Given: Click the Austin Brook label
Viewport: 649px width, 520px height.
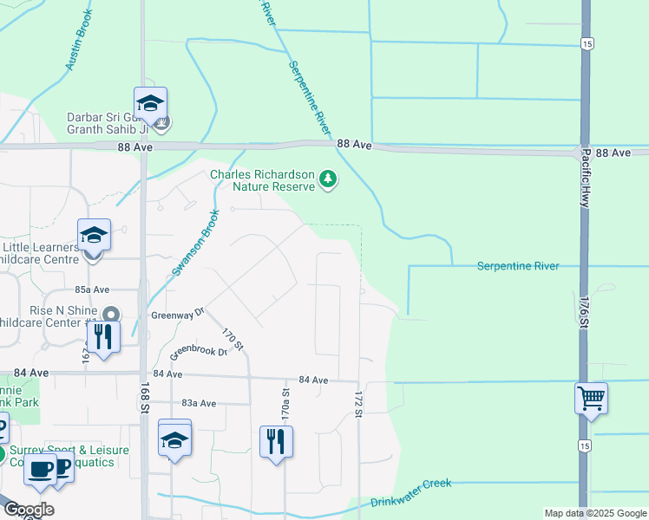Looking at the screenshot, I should [78, 46].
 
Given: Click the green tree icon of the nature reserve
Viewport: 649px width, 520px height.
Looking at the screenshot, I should [328, 179].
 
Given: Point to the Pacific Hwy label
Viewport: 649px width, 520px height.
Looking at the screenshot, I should [587, 177].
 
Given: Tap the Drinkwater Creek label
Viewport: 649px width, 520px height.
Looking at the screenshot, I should [411, 492].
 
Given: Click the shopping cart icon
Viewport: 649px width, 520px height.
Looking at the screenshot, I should [591, 399].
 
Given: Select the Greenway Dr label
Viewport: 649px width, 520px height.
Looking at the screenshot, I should [176, 314].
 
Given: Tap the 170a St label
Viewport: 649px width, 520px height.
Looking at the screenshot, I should [285, 404].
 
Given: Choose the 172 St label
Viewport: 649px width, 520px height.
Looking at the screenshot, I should [357, 404].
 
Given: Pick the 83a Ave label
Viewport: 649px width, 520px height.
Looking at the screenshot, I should [199, 403].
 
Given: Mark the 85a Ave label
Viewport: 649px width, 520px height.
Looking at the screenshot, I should [92, 289].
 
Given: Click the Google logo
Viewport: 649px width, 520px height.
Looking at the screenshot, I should [29, 510].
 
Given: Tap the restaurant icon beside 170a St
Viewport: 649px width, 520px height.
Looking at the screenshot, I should [276, 441].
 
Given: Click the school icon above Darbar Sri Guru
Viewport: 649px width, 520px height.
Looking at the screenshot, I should [150, 103].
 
